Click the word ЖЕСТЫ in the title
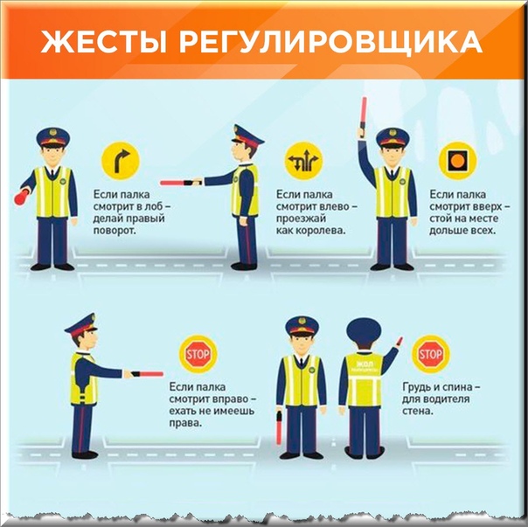tap(104, 42)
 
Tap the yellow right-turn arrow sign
tap(121, 161)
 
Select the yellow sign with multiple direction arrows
tap(303, 161)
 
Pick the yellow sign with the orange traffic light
tap(457, 161)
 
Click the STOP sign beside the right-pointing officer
tap(198, 354)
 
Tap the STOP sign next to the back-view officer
tap(431, 354)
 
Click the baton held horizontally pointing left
tap(180, 183)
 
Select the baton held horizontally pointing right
tap(147, 374)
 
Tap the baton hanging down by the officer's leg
tap(279, 427)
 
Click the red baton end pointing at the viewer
tap(22, 198)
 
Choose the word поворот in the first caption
tap(115, 231)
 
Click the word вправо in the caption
tap(229, 399)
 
